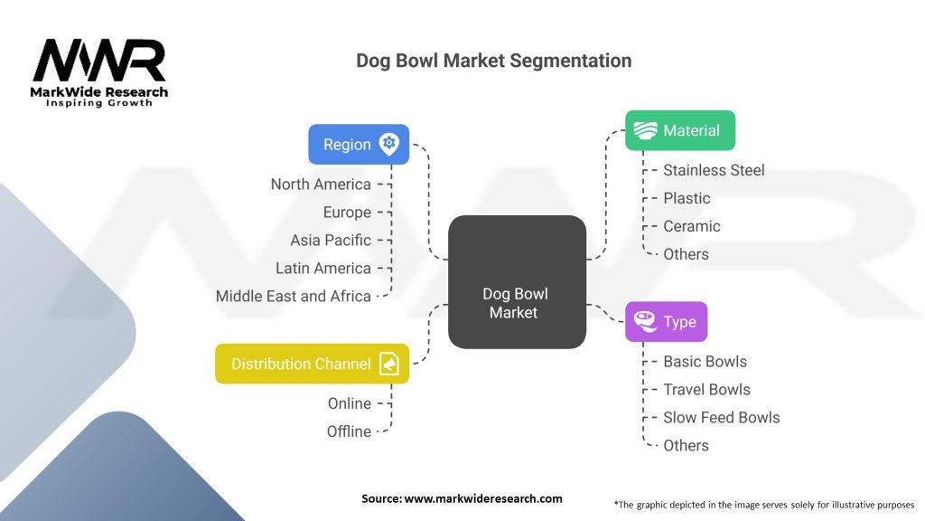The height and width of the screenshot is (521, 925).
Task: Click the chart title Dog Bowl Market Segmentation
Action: click(x=493, y=61)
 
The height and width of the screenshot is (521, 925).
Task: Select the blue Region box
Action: click(x=359, y=144)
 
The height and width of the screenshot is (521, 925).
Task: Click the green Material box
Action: click(x=680, y=130)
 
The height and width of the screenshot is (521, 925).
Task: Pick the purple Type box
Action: click(x=666, y=322)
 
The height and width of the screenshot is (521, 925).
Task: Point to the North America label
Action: click(x=321, y=185)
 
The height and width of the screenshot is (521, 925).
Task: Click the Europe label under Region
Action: click(x=347, y=213)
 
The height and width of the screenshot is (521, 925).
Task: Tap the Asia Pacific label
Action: click(x=331, y=241)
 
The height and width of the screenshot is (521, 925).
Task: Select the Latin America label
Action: click(x=323, y=269)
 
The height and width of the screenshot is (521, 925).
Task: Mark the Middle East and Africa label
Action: click(x=294, y=297)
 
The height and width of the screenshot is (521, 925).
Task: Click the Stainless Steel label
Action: click(x=714, y=170)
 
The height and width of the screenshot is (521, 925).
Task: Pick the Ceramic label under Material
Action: click(x=692, y=226)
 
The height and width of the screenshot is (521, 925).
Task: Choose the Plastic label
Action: click(x=687, y=198)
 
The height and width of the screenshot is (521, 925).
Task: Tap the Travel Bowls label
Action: click(x=706, y=390)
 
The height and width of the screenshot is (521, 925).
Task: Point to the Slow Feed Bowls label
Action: click(x=721, y=418)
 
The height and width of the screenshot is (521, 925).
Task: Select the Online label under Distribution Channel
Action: click(x=349, y=403)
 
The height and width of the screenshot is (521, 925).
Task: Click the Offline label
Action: click(x=349, y=431)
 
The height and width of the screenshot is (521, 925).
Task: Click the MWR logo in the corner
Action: click(x=99, y=71)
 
